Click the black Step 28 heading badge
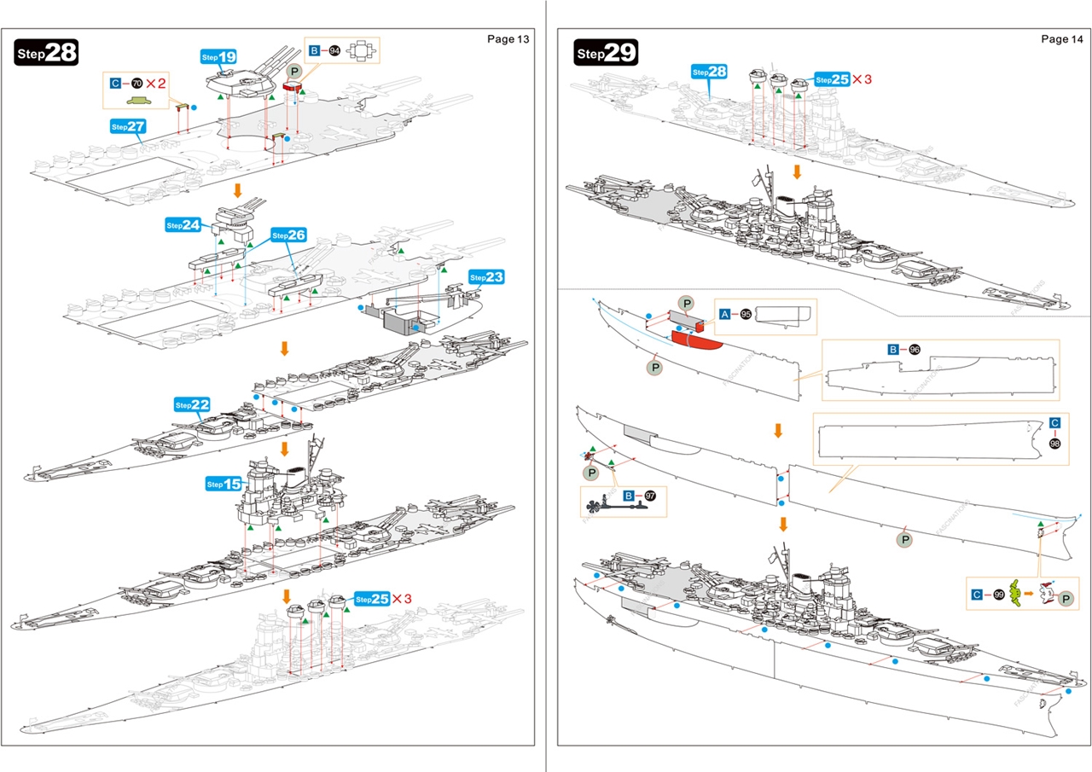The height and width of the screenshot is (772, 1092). pyautogui.click(x=47, y=53)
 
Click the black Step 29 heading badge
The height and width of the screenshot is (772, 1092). pyautogui.click(x=606, y=53)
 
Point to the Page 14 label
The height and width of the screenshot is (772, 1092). pyautogui.click(x=1062, y=38)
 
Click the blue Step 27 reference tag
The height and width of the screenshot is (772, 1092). pyautogui.click(x=129, y=126)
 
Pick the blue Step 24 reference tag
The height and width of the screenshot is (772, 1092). pyautogui.click(x=183, y=225)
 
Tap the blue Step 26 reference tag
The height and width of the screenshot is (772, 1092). pyautogui.click(x=288, y=235)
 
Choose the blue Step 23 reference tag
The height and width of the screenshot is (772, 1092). pyautogui.click(x=487, y=277)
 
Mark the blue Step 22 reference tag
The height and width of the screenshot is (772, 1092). pyautogui.click(x=192, y=404)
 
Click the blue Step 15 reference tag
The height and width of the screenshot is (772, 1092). pyautogui.click(x=224, y=484)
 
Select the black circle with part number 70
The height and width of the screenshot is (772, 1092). pyautogui.click(x=136, y=83)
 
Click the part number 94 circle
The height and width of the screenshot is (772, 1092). pyautogui.click(x=334, y=51)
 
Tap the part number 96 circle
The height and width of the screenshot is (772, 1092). pyautogui.click(x=915, y=350)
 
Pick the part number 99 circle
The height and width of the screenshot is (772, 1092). pyautogui.click(x=998, y=594)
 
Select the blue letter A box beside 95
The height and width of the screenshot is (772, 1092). pyautogui.click(x=724, y=314)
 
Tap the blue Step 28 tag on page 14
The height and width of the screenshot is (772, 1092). pyautogui.click(x=709, y=72)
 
